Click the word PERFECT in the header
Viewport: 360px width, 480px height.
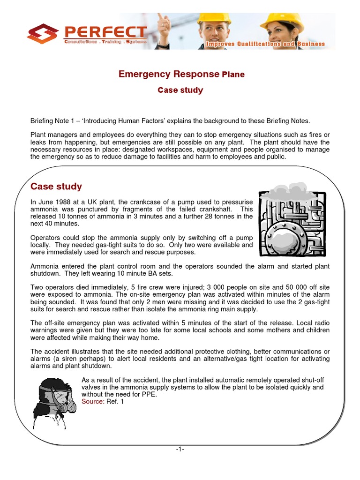pyautogui.click(x=105, y=32)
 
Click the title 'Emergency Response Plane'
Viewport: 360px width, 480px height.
pyautogui.click(x=181, y=74)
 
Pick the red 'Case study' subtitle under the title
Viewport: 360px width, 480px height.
pyautogui.click(x=180, y=90)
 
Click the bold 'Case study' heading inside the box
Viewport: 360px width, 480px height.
pyautogui.click(x=56, y=187)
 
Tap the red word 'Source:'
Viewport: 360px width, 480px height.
pyautogui.click(x=93, y=402)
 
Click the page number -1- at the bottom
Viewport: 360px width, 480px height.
pyautogui.click(x=180, y=450)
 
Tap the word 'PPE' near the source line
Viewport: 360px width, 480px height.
pyautogui.click(x=149, y=395)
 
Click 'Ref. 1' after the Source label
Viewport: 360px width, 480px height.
pyautogui.click(x=115, y=402)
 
